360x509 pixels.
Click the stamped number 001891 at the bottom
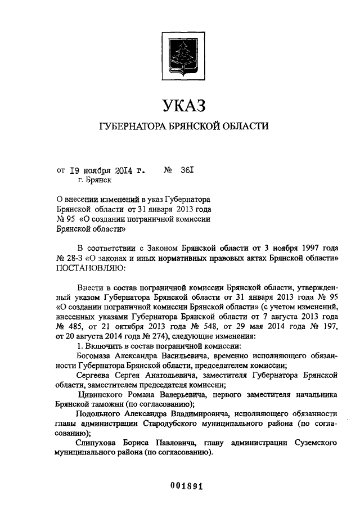[x=180, y=487]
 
